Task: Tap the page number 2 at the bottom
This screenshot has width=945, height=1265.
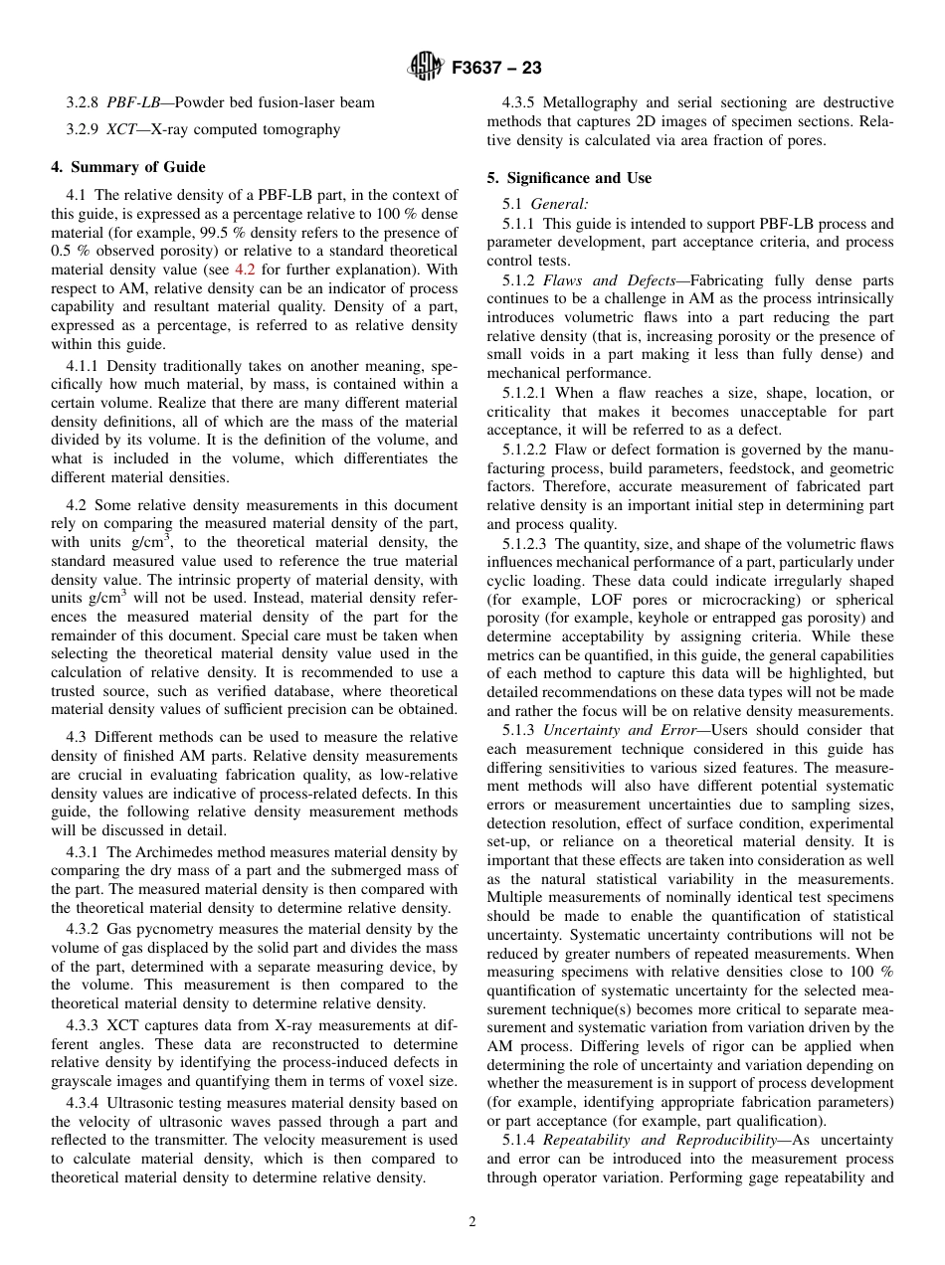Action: tap(472, 1222)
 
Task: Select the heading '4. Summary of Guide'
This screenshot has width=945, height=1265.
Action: tap(128, 167)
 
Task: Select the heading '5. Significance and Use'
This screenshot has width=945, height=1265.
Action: tap(569, 178)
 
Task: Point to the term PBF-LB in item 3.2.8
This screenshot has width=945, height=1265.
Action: tap(130, 102)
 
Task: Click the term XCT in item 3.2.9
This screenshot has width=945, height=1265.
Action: tap(122, 129)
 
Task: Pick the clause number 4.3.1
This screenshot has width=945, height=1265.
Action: tap(84, 852)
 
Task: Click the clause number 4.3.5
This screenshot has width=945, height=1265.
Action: tap(519, 102)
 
